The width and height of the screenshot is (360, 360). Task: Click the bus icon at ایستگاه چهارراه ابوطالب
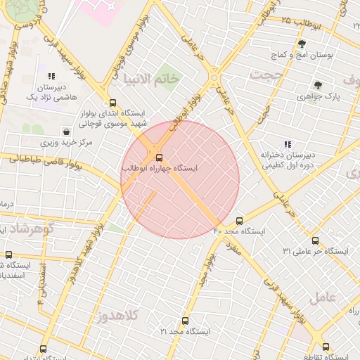click(x=159, y=157)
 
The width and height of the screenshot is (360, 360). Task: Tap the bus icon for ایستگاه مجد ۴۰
click(x=240, y=221)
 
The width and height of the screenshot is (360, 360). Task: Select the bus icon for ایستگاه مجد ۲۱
click(x=186, y=321)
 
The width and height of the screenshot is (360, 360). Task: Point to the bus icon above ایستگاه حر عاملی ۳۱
click(x=315, y=240)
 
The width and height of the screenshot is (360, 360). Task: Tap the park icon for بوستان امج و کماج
click(x=302, y=44)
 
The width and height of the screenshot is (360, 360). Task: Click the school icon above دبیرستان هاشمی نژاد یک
click(x=51, y=76)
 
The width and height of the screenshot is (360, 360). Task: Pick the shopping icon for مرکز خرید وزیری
click(x=66, y=131)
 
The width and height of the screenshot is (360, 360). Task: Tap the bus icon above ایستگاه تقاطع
click(x=325, y=347)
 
